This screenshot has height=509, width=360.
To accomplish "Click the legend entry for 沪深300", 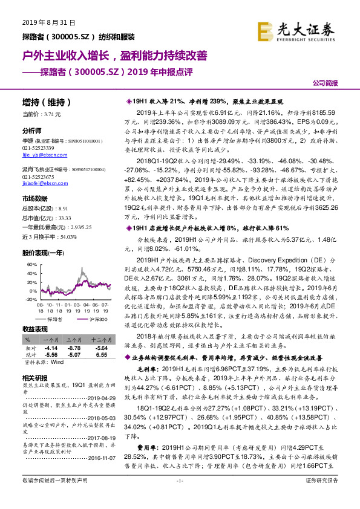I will pyautogui.click(x=85, y=318).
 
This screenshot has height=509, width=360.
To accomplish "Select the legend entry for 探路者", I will pyautogui.click(x=53, y=318).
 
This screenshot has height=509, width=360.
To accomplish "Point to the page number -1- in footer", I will pyautogui.click(x=179, y=496).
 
